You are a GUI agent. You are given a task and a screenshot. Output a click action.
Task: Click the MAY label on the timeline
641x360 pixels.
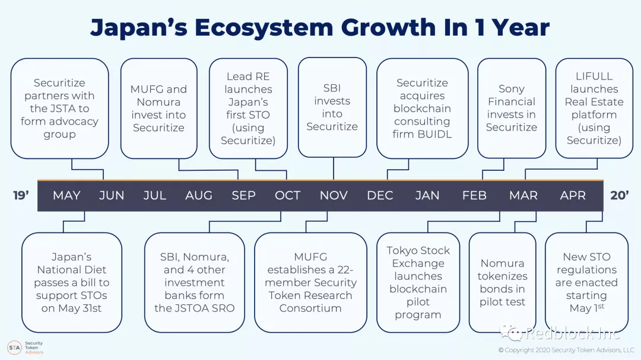pyautogui.click(x=66, y=195)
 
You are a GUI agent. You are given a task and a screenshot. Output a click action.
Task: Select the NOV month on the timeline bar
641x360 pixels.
pyautogui.click(x=334, y=195)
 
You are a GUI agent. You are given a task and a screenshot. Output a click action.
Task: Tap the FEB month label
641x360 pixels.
pyautogui.click(x=474, y=195)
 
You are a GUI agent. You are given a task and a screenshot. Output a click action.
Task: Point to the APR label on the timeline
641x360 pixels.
pyautogui.click(x=573, y=195)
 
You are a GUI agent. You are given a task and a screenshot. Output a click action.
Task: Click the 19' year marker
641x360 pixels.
pyautogui.click(x=21, y=195)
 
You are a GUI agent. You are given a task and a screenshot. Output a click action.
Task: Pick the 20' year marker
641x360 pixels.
pyautogui.click(x=619, y=195)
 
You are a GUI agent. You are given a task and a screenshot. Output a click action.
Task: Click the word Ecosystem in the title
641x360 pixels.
pyautogui.click(x=264, y=28)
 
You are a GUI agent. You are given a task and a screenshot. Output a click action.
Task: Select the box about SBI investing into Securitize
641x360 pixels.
pyautogui.click(x=332, y=107)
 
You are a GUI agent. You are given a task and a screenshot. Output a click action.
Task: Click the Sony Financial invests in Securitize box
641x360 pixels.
pyautogui.click(x=512, y=108)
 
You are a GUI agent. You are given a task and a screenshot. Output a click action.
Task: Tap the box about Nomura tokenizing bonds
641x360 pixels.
pyautogui.click(x=503, y=282)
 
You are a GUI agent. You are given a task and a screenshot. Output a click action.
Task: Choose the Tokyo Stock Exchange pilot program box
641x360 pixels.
pyautogui.click(x=418, y=282)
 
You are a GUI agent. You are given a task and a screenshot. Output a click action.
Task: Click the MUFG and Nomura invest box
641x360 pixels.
pyautogui.click(x=158, y=109)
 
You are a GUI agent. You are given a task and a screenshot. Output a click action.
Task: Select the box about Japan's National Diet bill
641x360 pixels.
pyautogui.click(x=72, y=282)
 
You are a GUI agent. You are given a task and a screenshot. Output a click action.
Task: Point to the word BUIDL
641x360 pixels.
pyautogui.click(x=437, y=134)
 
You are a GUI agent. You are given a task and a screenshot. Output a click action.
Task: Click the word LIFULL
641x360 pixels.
pyautogui.click(x=594, y=77)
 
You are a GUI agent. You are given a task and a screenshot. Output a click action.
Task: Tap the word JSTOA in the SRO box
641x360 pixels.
pyautogui.click(x=193, y=308)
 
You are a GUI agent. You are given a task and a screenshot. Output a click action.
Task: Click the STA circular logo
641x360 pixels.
pyautogui.click(x=14, y=348)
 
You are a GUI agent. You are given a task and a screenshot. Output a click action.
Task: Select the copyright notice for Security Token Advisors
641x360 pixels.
pyautogui.click(x=566, y=350)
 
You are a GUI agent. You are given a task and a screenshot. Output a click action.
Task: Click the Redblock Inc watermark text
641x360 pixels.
pyautogui.click(x=572, y=333)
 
